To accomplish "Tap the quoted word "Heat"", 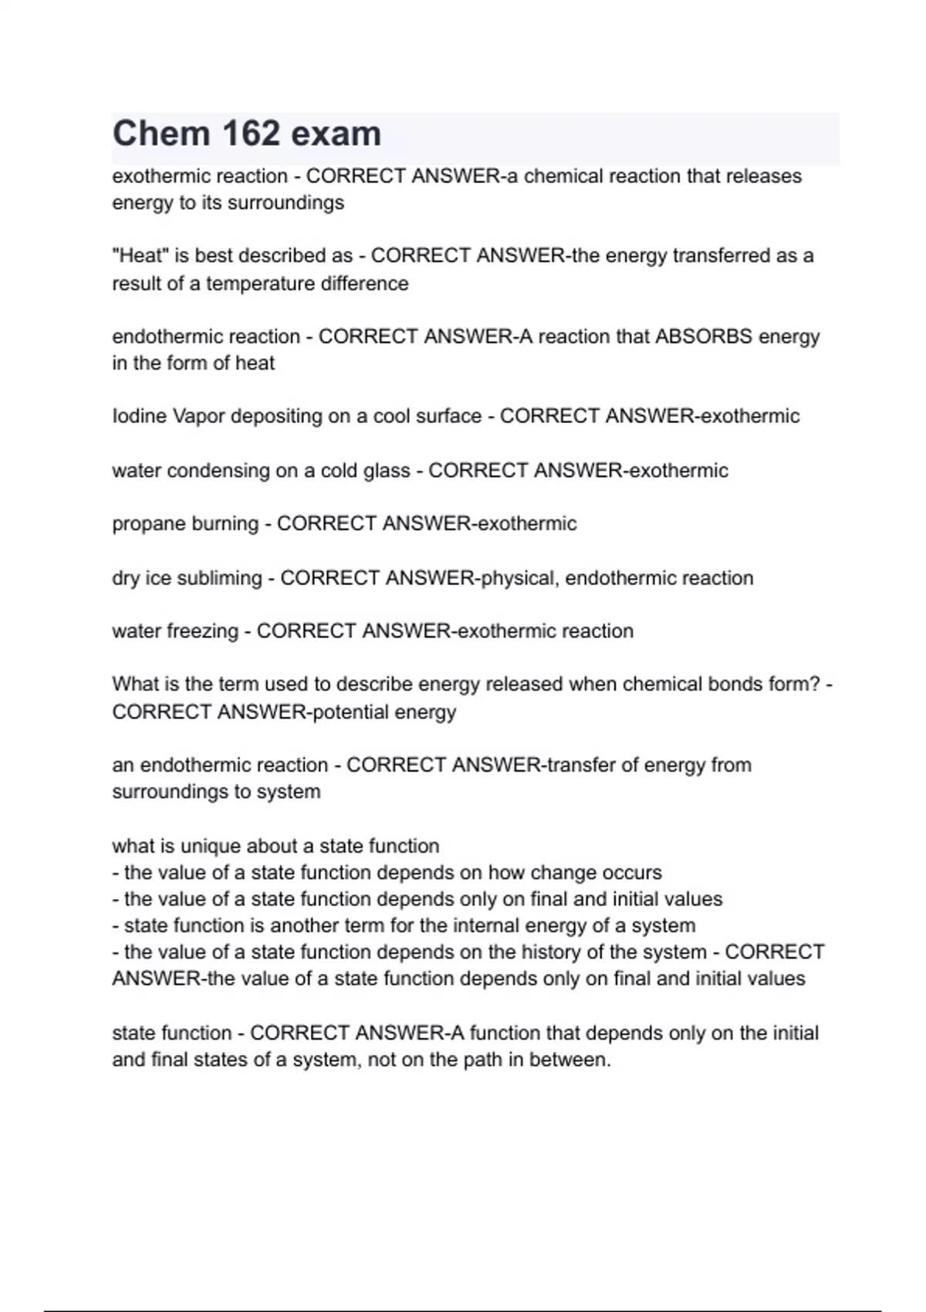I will click(x=140, y=255).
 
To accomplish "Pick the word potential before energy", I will click(x=351, y=712).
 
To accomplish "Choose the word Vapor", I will click(x=198, y=416).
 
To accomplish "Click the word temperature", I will click(x=260, y=283).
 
